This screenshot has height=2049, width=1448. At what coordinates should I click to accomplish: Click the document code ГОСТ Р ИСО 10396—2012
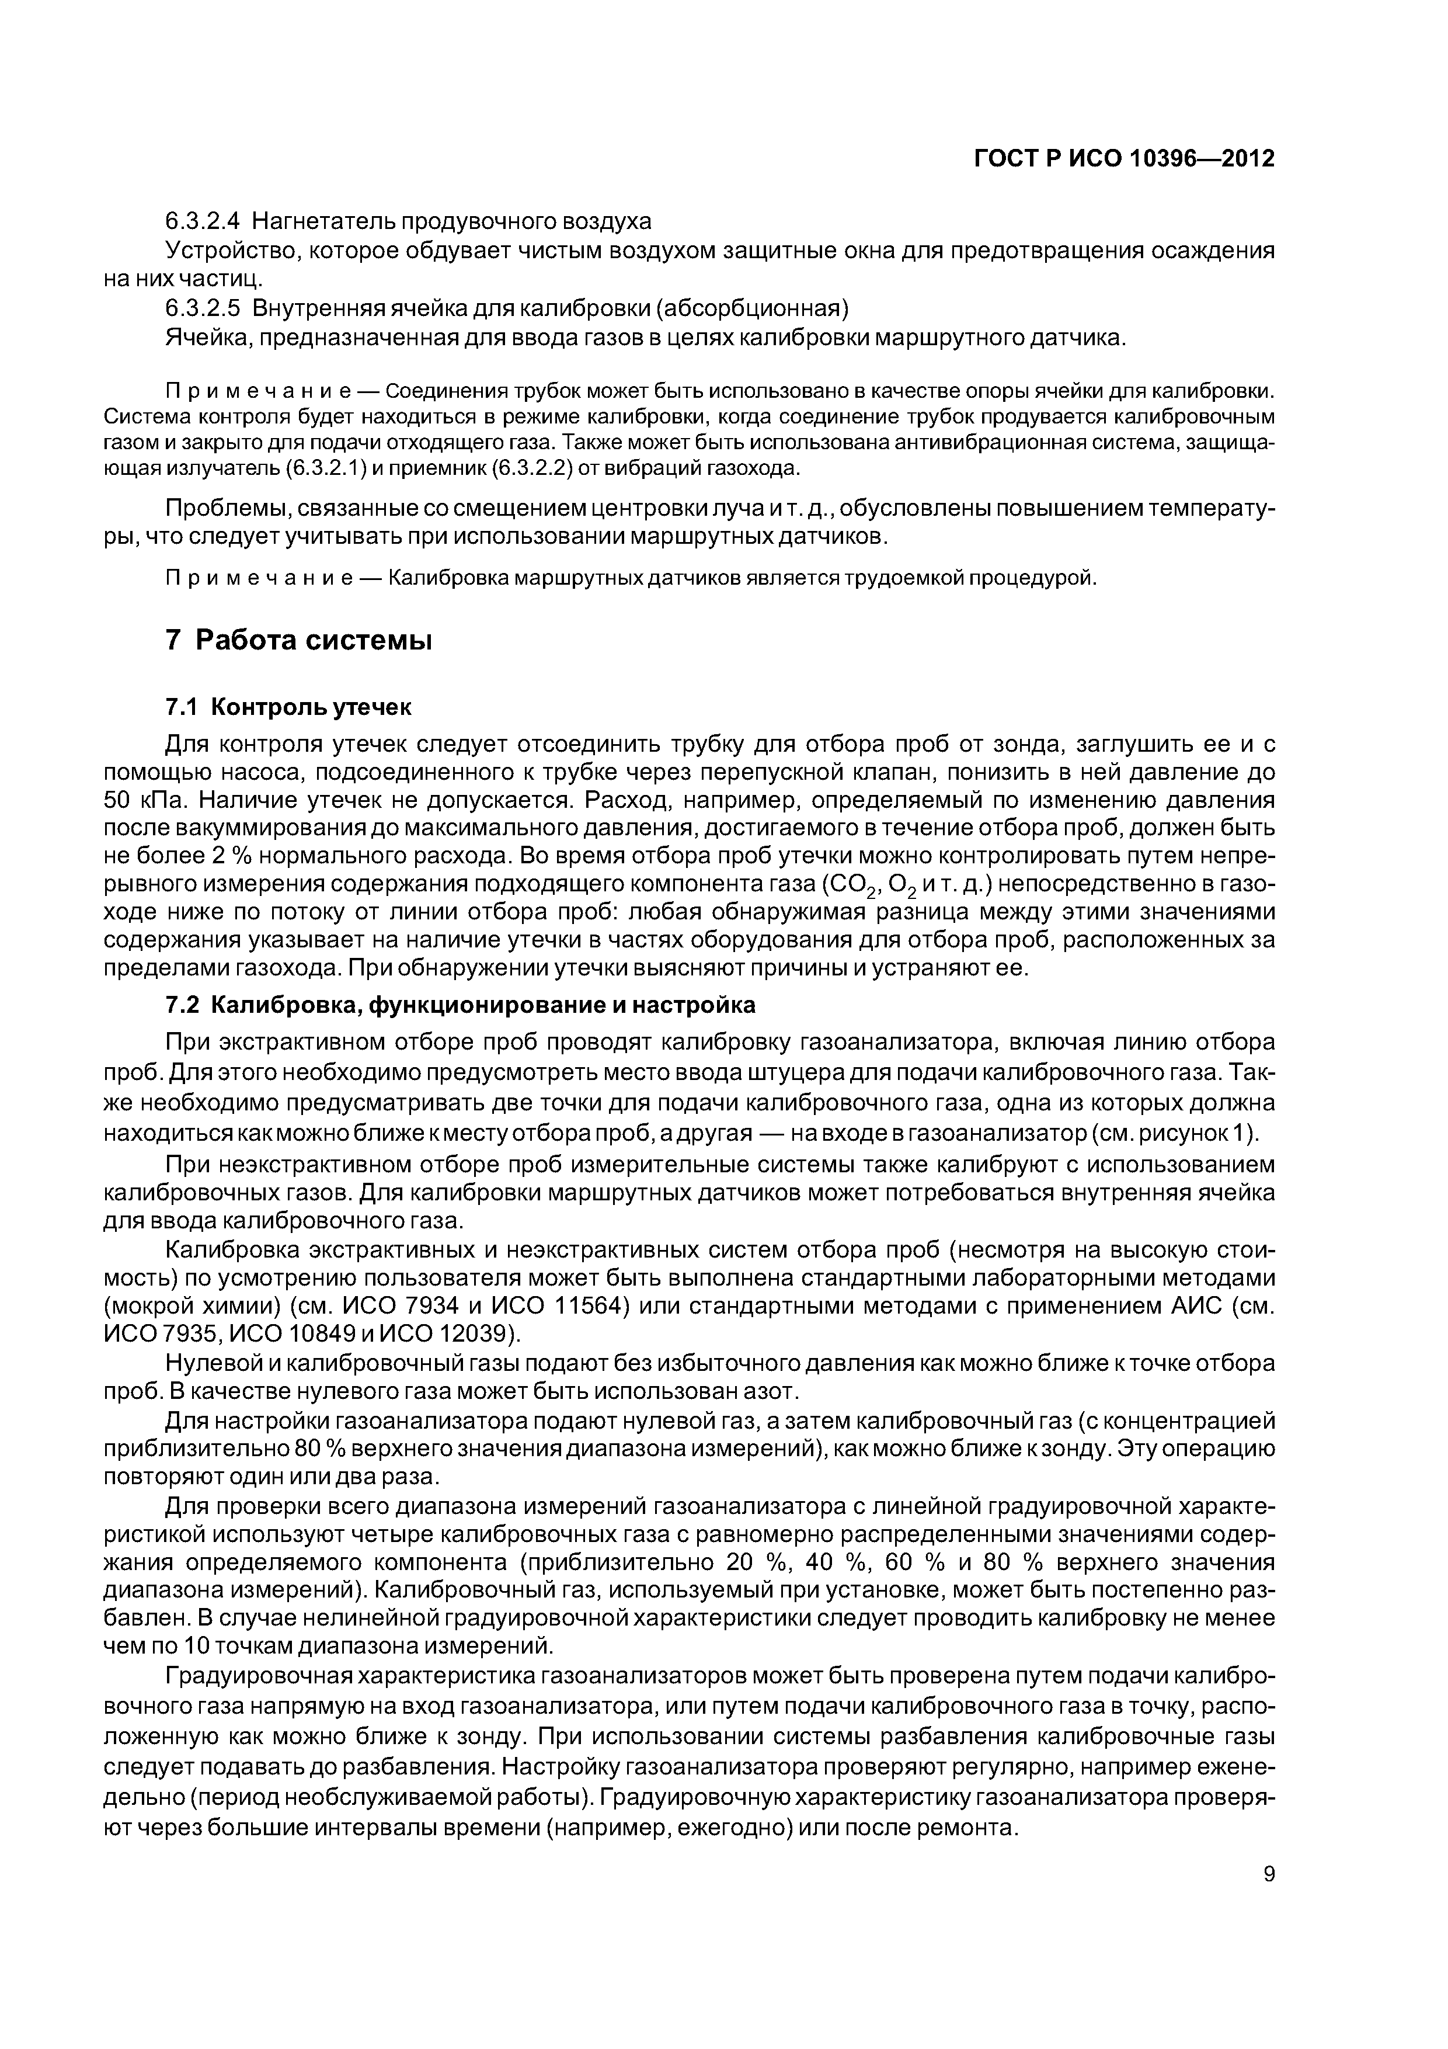coord(1123,159)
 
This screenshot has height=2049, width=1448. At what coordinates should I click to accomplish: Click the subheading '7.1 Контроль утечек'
coord(289,708)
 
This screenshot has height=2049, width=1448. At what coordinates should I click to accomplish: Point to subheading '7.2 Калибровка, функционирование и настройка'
coord(460,1005)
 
